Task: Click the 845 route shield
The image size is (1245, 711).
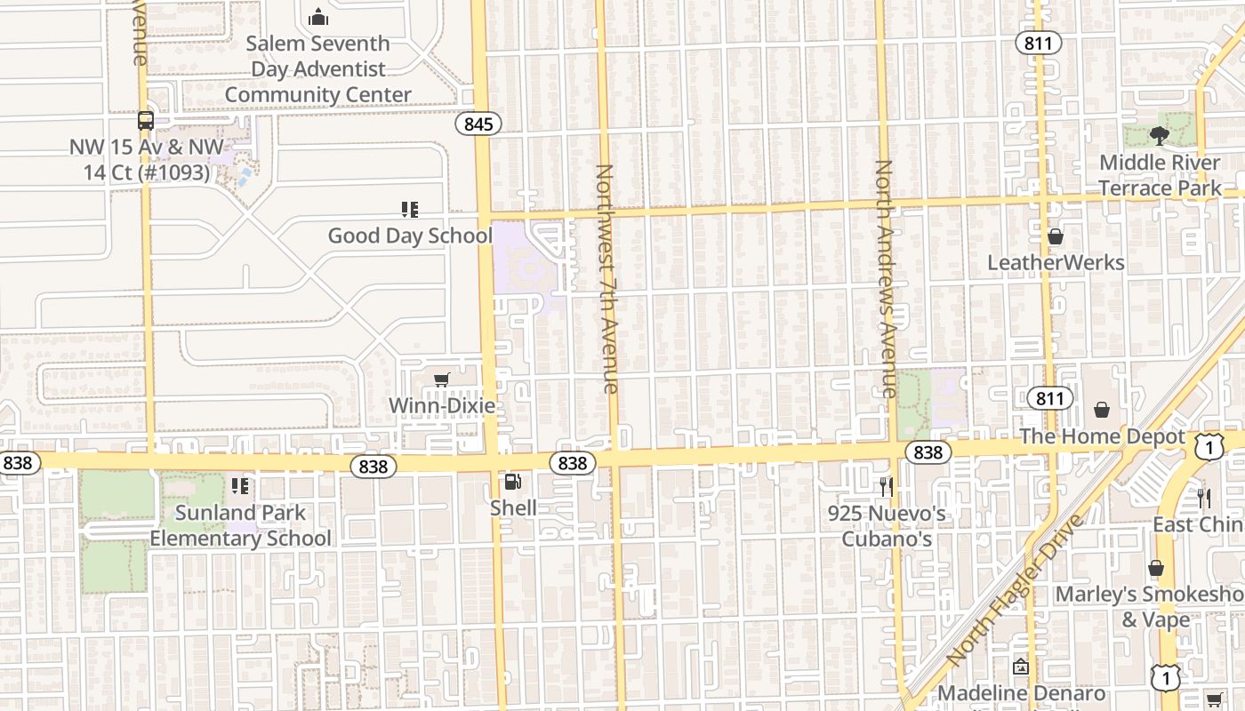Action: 478,124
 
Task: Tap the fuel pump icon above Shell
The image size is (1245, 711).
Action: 513,482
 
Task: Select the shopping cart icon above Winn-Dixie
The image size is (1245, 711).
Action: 442,380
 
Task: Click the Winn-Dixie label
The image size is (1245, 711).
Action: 442,406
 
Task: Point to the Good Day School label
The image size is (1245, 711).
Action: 410,236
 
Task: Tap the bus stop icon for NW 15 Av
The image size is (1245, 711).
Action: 146,121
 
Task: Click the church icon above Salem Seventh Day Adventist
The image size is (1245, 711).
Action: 318,17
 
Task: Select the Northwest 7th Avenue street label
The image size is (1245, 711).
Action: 606,278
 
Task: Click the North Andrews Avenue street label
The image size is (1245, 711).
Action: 885,278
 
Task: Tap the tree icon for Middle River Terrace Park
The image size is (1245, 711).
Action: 1159,136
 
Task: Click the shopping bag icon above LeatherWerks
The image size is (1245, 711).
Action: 1056,236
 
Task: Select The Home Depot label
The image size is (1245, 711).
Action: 1103,436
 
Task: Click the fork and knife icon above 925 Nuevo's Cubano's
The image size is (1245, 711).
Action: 886,486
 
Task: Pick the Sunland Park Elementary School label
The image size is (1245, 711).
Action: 240,525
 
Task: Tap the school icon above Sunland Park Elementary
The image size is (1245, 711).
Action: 240,486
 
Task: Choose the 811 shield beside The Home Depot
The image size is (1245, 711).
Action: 1049,397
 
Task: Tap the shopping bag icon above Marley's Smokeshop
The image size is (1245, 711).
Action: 1156,568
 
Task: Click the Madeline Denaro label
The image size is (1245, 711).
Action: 1022,693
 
